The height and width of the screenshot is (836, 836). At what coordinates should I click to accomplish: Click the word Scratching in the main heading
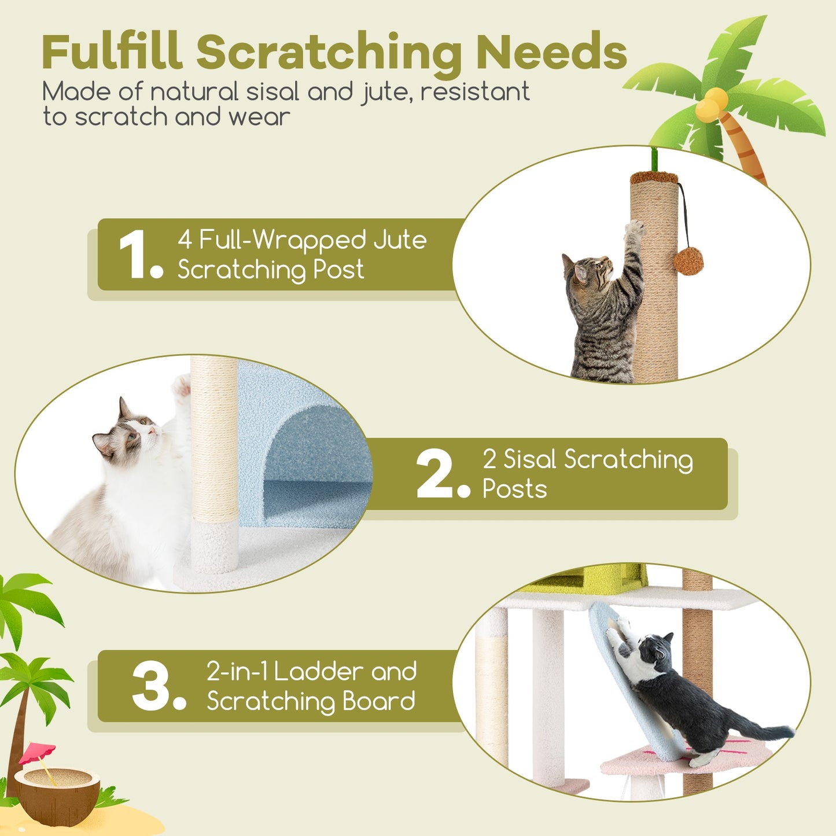click(x=329, y=53)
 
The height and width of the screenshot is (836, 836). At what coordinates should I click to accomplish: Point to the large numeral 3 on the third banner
click(x=152, y=687)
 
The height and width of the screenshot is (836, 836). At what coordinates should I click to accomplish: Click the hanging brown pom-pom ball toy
click(x=688, y=261)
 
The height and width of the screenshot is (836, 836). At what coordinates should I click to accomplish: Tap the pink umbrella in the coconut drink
click(x=38, y=753)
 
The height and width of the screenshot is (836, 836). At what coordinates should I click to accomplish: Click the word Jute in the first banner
click(x=400, y=240)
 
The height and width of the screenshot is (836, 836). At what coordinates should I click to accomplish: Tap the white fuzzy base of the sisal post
click(x=215, y=547)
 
